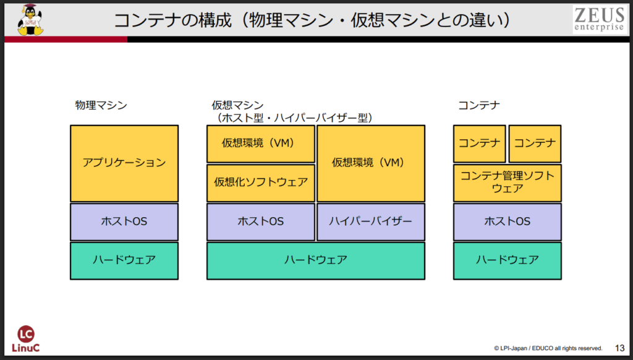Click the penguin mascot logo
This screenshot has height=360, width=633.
(28, 20)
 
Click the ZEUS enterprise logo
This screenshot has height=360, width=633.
(598, 20)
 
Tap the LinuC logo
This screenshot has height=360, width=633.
(25, 339)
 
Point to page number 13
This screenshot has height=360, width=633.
(619, 348)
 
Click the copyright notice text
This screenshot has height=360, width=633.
(548, 348)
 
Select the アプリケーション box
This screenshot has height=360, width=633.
(124, 163)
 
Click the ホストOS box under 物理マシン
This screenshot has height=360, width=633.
(124, 221)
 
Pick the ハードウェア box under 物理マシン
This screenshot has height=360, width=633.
(124, 260)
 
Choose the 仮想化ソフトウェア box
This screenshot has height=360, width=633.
(261, 182)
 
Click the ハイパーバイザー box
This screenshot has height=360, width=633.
(370, 221)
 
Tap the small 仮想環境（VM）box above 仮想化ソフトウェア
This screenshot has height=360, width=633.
(261, 144)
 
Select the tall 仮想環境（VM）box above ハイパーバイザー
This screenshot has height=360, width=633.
(370, 163)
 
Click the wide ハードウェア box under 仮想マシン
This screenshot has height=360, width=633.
(315, 260)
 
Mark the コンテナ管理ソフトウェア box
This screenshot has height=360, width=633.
(508, 182)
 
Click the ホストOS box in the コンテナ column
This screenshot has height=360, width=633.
(508, 221)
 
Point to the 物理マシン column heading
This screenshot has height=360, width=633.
(101, 105)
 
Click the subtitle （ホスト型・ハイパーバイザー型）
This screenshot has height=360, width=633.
(293, 117)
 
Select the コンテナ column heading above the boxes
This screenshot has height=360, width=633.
(478, 105)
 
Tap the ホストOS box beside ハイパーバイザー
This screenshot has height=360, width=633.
(261, 221)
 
